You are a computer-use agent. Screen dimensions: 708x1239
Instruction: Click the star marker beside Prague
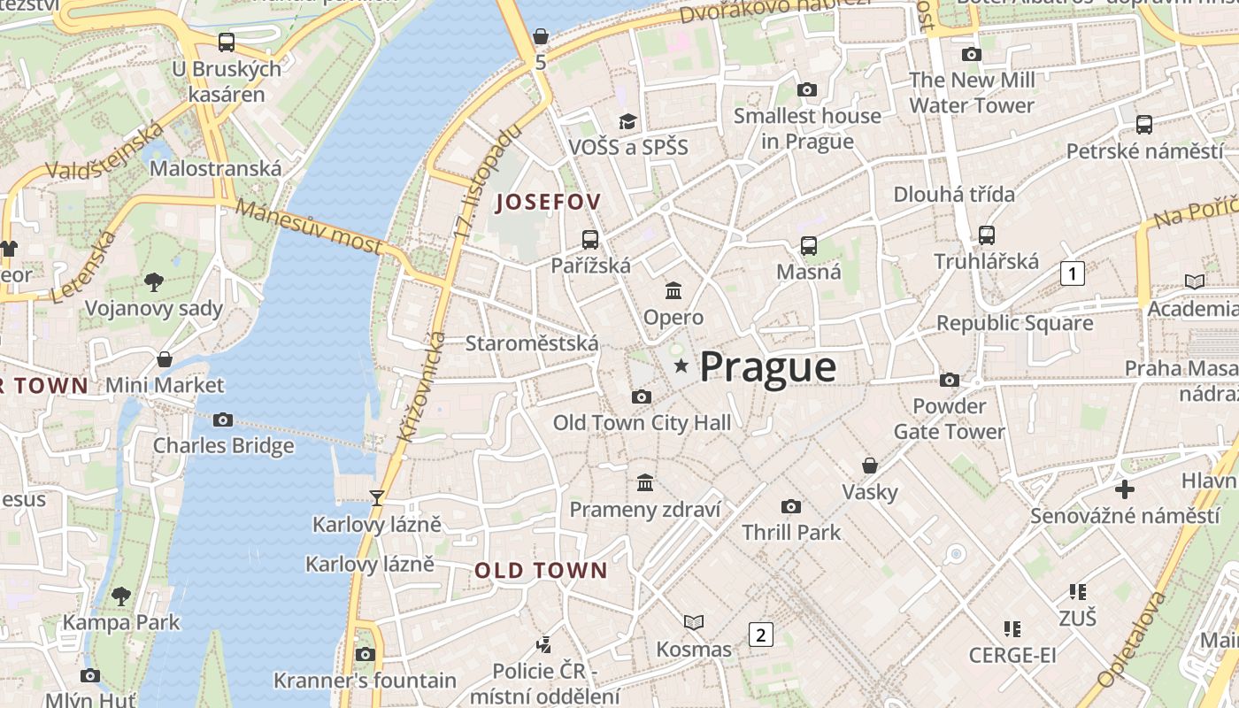[681, 366]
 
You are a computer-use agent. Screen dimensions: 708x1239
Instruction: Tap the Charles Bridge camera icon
[223, 419]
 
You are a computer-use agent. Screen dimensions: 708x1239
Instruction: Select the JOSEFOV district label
[548, 202]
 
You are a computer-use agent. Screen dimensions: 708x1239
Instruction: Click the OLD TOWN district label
[541, 571]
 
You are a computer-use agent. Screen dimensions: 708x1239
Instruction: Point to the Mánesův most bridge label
[309, 227]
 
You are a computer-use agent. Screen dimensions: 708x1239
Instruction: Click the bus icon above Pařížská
[590, 239]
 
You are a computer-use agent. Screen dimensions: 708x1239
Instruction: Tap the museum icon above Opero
[673, 290]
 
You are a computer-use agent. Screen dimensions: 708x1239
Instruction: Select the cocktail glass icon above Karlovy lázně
[377, 497]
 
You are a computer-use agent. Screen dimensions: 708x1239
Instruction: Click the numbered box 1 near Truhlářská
[1073, 273]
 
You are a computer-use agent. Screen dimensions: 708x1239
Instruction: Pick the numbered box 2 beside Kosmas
[760, 634]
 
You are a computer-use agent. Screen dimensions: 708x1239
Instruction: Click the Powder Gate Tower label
[950, 419]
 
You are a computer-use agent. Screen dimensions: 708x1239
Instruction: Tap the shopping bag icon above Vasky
[870, 466]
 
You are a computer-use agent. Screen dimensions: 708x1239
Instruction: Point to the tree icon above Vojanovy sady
[154, 282]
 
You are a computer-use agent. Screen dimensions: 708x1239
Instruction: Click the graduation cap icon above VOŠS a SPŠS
[627, 121]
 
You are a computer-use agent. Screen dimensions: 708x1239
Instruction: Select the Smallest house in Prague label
[807, 128]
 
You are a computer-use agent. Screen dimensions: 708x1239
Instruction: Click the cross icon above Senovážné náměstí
[1125, 489]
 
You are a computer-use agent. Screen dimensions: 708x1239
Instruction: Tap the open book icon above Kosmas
[694, 622]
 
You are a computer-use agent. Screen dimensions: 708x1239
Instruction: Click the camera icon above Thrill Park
[791, 506]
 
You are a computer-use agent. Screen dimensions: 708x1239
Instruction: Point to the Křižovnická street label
[421, 388]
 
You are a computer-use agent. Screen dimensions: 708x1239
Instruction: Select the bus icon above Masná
[809, 245]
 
